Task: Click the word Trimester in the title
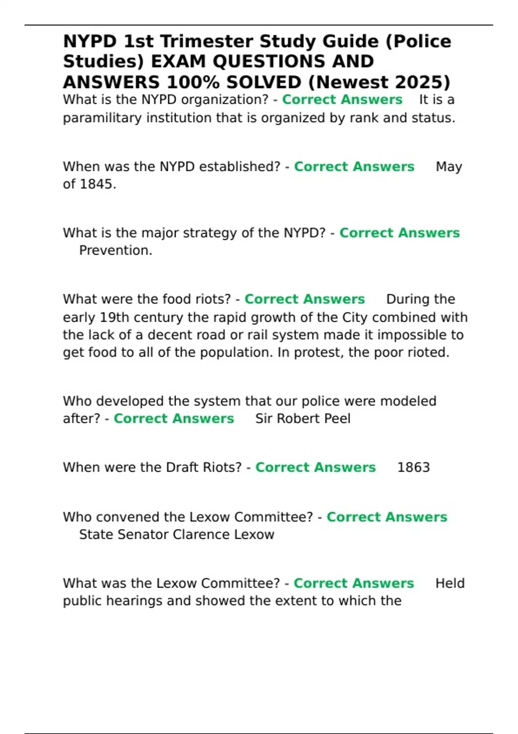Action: pos(206,42)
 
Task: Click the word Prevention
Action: pos(115,250)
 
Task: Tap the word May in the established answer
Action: pos(449,167)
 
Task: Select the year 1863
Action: pos(413,468)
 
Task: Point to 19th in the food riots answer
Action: pos(114,318)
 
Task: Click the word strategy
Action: pos(210,233)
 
